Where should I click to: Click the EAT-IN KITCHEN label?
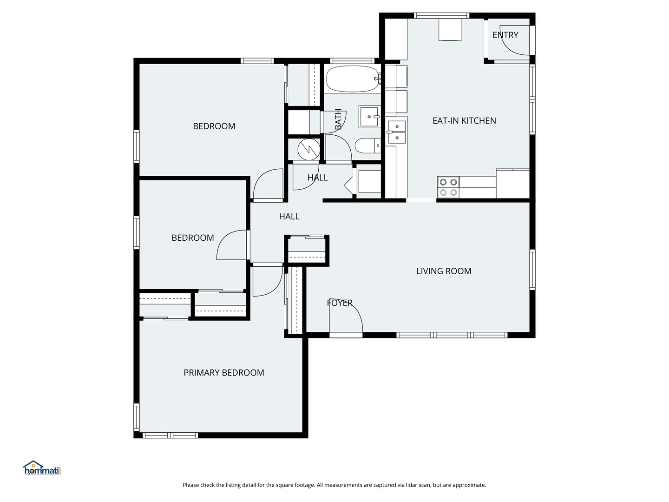click(x=464, y=121)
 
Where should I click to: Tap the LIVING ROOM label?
click(x=444, y=271)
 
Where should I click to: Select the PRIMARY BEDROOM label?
click(x=223, y=373)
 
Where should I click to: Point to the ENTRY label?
click(x=505, y=35)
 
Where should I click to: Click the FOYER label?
click(x=340, y=303)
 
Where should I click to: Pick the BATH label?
click(x=338, y=119)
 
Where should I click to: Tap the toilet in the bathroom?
click(x=367, y=146)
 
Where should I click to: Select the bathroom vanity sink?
click(x=369, y=116)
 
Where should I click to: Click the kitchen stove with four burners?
click(x=448, y=187)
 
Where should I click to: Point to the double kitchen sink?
click(x=397, y=132)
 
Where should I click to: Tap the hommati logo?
click(x=42, y=468)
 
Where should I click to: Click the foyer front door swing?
click(x=346, y=316)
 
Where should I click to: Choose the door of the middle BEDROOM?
click(x=232, y=245)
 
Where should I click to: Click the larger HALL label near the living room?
click(x=289, y=217)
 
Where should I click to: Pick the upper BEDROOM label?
click(x=214, y=126)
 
